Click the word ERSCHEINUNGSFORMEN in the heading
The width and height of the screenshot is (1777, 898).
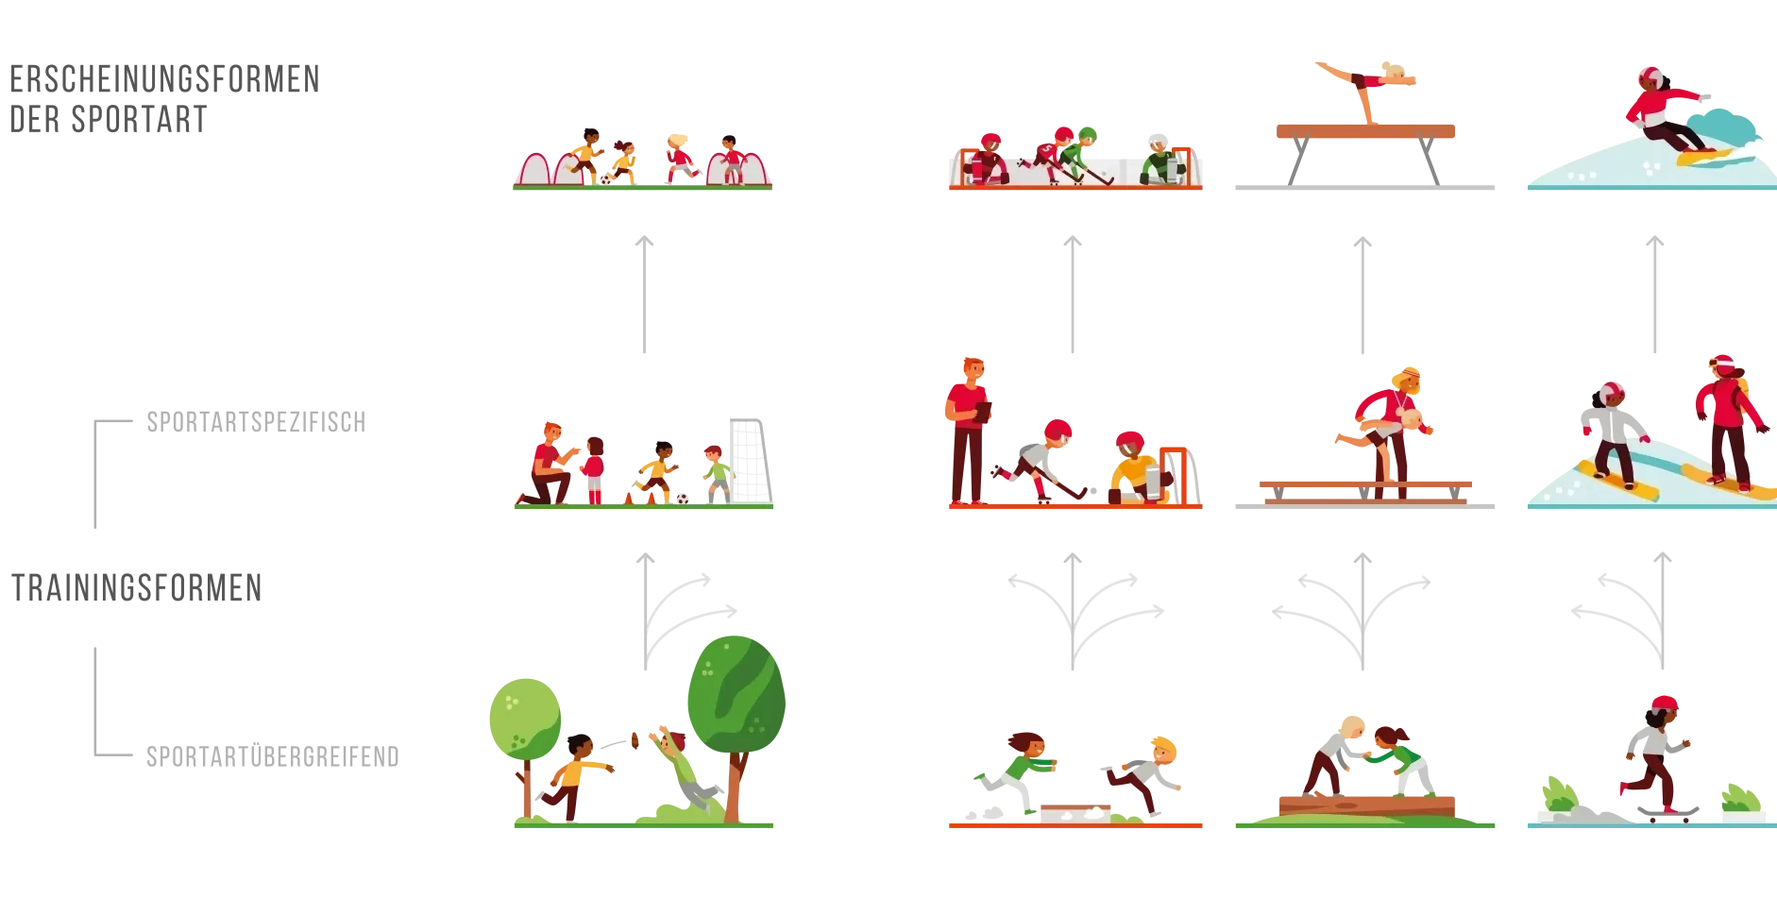pos(165,79)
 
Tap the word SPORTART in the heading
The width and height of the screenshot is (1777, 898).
pos(139,120)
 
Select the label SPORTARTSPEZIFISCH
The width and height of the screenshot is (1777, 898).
pos(256,422)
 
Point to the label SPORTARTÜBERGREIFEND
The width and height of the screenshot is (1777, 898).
pos(273,756)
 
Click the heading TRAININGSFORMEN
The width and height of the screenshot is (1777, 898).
pos(137,587)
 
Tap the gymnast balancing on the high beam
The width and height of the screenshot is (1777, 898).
pos(1367,90)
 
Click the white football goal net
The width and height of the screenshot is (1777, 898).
pos(751,461)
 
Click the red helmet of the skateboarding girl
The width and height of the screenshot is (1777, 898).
pos(1665,703)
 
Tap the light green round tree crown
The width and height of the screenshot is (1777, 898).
pos(525,719)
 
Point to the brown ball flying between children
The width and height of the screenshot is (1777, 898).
pos(635,740)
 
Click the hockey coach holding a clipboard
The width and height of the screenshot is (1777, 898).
pos(968,431)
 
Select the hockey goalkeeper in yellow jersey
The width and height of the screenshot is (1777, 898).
pos(1140,468)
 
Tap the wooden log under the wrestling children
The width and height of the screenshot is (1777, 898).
pos(1366,806)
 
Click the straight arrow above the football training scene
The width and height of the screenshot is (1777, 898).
pos(645,294)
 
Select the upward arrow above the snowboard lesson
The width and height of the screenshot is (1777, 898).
pos(1654,294)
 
